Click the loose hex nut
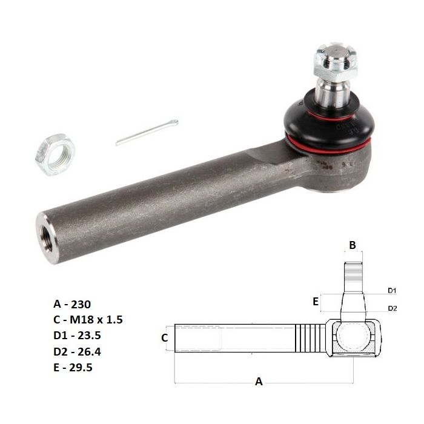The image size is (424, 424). coord(55,154)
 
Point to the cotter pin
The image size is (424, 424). coord(147,132)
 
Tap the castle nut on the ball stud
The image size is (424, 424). coord(336,62)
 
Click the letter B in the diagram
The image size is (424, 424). coord(353,245)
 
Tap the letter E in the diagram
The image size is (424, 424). coord(316,302)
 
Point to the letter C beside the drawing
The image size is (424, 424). coord(164,338)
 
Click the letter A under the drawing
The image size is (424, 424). coord(259,382)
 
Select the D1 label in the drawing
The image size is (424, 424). coord(392,291)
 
